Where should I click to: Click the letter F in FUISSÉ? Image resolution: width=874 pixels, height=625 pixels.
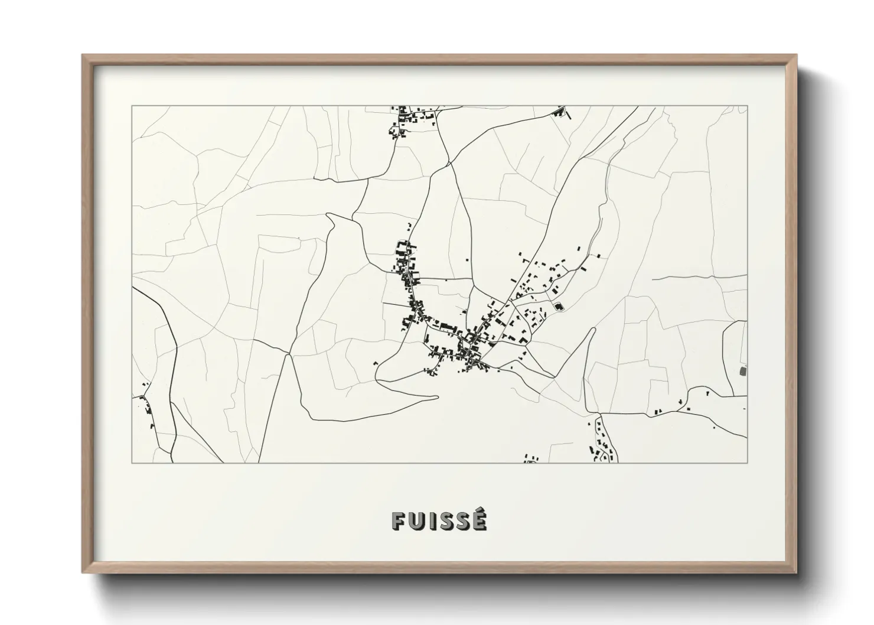tap(397, 520)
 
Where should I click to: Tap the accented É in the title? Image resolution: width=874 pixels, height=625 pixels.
tap(479, 519)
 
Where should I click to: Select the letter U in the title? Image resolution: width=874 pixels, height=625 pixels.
tap(415, 520)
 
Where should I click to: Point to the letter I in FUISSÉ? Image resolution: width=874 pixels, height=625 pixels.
tap(430, 520)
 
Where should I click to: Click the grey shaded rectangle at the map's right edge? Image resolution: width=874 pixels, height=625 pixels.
tap(743, 371)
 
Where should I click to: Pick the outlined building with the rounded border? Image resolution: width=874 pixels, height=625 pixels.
tap(558, 307)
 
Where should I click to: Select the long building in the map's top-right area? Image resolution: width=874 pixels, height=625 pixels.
tap(558, 110)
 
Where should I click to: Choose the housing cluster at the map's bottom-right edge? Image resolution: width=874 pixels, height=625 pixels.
tap(604, 443)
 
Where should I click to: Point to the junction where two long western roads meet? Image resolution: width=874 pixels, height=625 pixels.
tap(287, 354)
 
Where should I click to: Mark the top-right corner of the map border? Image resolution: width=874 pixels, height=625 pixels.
tap(747, 106)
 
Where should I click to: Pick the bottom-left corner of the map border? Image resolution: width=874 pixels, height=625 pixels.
tap(132, 463)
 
